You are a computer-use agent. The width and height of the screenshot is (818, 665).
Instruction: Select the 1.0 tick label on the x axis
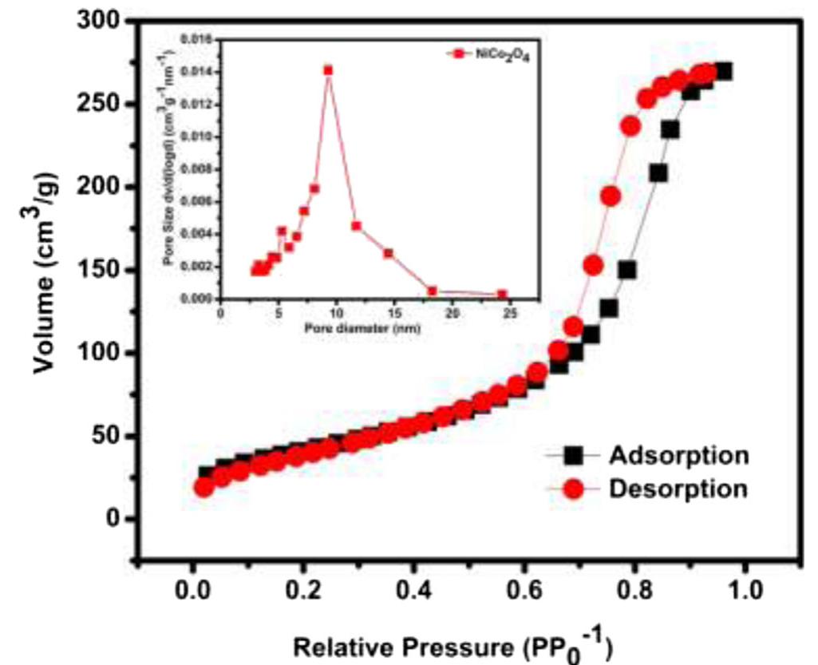coord(745,594)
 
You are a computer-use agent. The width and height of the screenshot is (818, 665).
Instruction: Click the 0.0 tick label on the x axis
coord(192,594)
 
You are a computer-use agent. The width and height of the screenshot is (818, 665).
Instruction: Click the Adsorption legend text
coord(679,455)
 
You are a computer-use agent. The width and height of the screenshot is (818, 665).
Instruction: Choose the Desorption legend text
coord(678,488)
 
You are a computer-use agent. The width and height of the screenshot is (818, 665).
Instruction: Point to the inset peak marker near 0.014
coord(327,70)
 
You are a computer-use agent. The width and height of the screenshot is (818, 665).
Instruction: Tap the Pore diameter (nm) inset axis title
coord(362,328)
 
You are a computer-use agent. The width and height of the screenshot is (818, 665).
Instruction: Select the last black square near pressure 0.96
coord(723,72)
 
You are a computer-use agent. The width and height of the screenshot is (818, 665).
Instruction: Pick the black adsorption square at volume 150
coord(627,270)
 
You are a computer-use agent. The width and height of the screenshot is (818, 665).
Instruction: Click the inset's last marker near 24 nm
coord(502,295)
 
